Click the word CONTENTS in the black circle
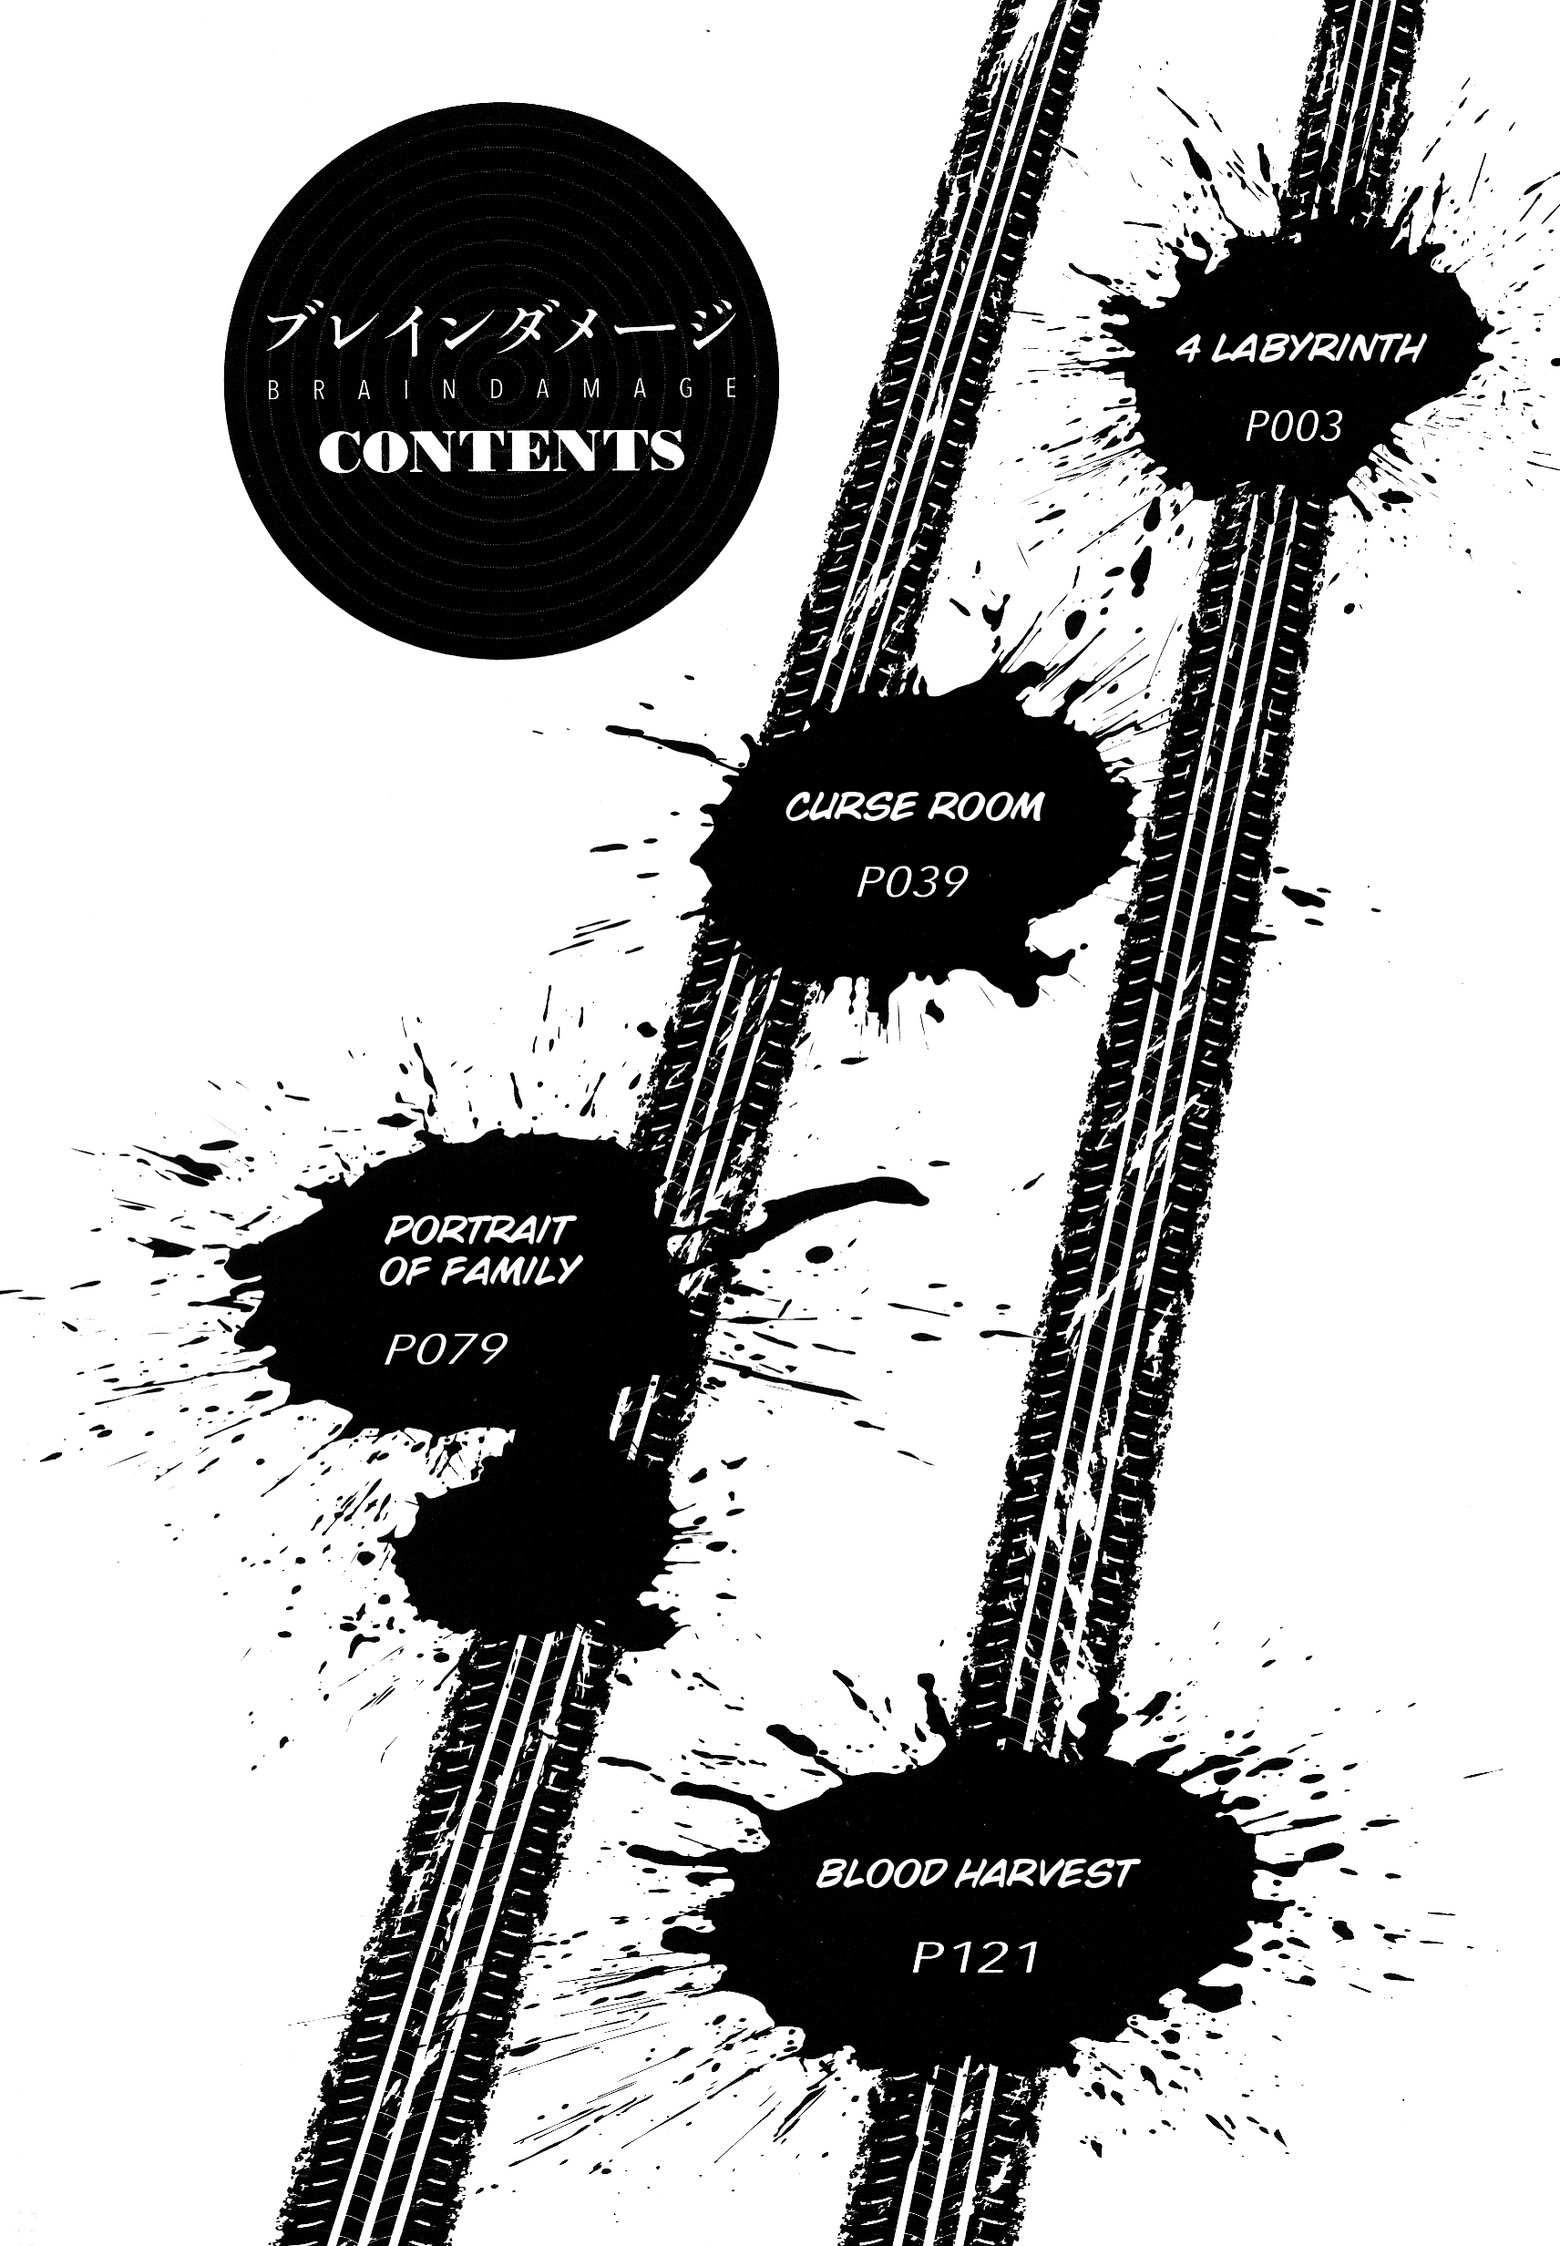[500, 451]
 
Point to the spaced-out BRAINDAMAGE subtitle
[501, 388]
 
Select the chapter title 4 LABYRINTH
[1300, 349]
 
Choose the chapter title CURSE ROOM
[914, 807]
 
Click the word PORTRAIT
[479, 1229]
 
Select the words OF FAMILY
[480, 1270]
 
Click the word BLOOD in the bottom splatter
[879, 1873]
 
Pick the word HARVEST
[1042, 1873]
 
